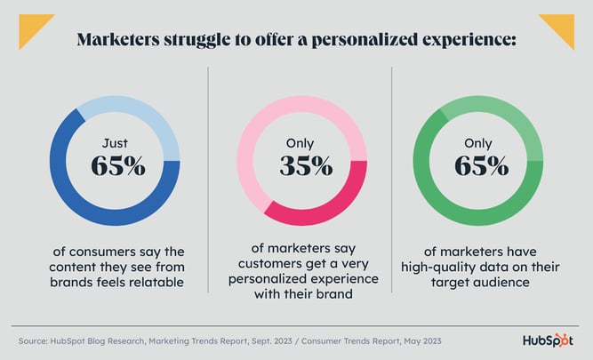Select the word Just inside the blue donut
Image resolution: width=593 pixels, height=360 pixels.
click(x=116, y=142)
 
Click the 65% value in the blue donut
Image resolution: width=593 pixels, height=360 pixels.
click(x=117, y=166)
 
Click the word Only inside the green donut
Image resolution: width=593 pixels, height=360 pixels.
click(x=480, y=142)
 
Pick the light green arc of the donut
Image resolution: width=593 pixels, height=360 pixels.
click(x=516, y=124)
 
